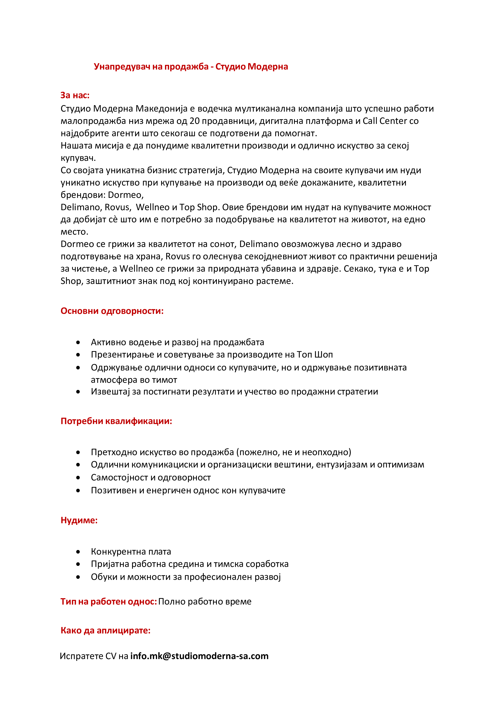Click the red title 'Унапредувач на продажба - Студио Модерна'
click(191, 67)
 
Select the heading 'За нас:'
click(75, 95)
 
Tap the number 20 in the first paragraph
click(194, 121)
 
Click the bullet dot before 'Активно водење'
click(78, 342)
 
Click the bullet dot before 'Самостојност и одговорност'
click(78, 478)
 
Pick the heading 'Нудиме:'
click(79, 520)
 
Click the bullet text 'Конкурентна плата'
click(131, 552)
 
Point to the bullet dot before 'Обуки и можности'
click(78, 577)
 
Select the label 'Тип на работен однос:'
click(109, 601)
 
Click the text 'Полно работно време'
click(205, 601)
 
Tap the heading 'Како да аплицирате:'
click(105, 630)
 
